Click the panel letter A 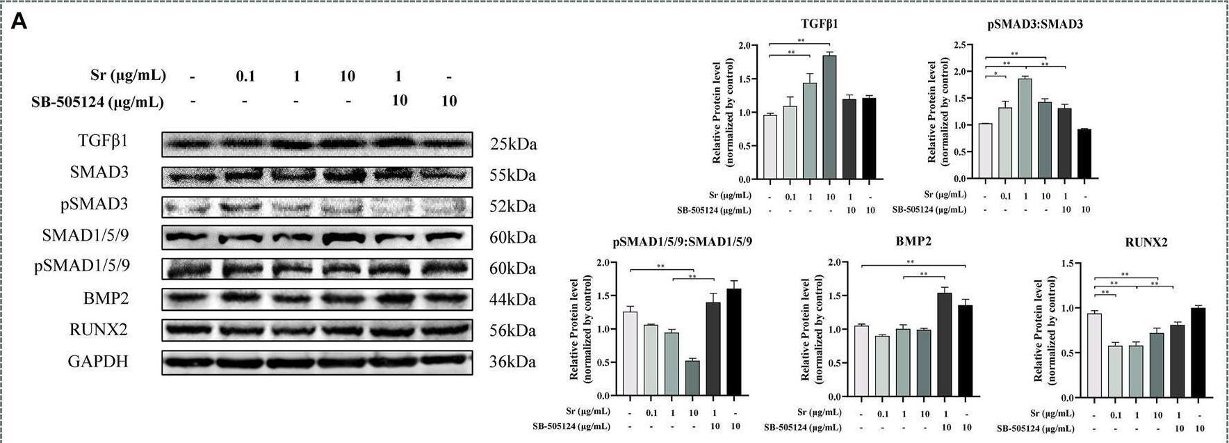click(x=19, y=22)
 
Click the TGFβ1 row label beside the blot click(x=103, y=142)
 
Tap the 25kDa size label click(x=513, y=145)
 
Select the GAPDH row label click(x=98, y=362)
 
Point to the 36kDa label click(x=513, y=362)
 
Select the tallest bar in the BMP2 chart click(x=945, y=344)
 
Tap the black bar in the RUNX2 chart click(x=1198, y=353)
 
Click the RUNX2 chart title click(x=1146, y=243)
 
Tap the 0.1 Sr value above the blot click(x=245, y=76)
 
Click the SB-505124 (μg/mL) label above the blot click(x=98, y=102)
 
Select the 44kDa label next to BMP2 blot click(x=513, y=300)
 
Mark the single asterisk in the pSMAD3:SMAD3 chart click(x=995, y=73)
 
